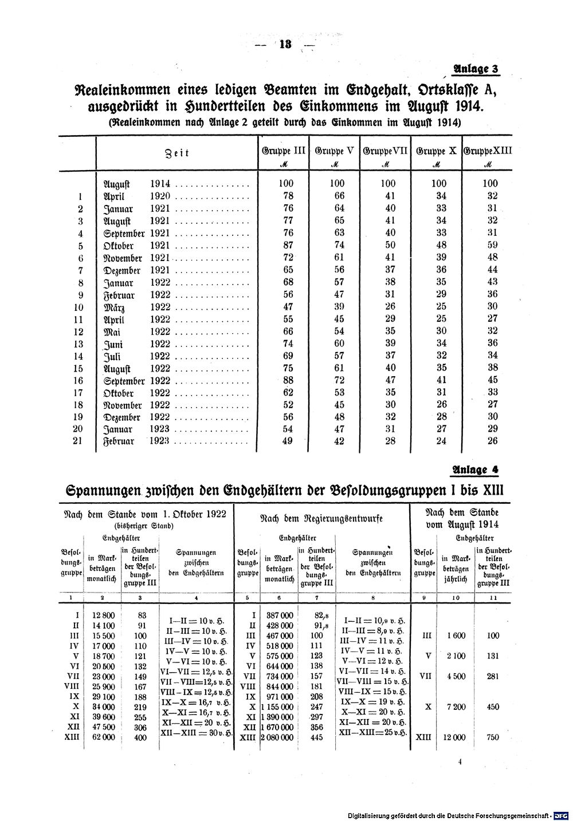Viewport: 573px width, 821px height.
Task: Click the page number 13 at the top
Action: pyautogui.click(x=285, y=45)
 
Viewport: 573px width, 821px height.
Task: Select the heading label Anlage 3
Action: pyautogui.click(x=476, y=69)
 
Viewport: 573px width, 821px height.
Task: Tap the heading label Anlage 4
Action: pyautogui.click(x=476, y=470)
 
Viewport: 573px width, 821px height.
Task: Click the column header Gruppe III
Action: pyautogui.click(x=284, y=152)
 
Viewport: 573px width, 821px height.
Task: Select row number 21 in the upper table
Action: pyautogui.click(x=79, y=441)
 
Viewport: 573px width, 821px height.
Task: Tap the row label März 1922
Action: pyautogui.click(x=136, y=306)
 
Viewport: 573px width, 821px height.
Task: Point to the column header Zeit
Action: pyautogui.click(x=176, y=153)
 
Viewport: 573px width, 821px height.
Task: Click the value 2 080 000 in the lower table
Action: pyautogui.click(x=277, y=737)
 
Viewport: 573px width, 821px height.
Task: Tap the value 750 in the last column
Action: pyautogui.click(x=492, y=737)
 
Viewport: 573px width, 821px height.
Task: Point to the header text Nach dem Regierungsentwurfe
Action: pyautogui.click(x=321, y=518)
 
